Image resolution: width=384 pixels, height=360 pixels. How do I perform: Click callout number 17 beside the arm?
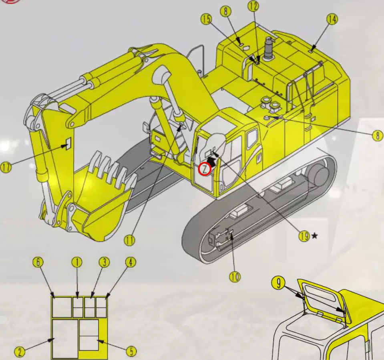[6, 168]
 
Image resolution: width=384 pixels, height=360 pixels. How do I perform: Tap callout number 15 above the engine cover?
[207, 19]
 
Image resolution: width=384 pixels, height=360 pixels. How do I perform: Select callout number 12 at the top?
[253, 6]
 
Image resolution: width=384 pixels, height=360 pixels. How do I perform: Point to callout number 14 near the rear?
[332, 19]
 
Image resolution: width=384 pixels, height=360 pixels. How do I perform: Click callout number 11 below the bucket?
[129, 241]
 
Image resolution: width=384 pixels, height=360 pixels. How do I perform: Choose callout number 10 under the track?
[235, 277]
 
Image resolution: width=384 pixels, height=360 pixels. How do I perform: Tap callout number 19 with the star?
[304, 236]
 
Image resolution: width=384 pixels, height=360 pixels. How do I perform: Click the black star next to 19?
[314, 236]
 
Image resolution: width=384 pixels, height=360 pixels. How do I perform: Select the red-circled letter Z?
[205, 169]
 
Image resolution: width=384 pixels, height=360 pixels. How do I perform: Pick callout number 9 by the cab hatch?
[278, 283]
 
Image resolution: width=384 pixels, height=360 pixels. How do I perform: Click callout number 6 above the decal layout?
[38, 263]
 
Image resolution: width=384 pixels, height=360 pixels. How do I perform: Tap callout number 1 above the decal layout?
[77, 263]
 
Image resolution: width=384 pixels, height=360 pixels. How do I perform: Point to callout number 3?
[105, 263]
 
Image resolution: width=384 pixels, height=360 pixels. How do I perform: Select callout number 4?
[131, 263]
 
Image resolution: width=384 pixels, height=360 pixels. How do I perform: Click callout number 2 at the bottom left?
[20, 352]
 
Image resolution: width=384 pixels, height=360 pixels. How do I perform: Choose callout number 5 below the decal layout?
[131, 351]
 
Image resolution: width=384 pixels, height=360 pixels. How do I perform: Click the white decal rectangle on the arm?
[68, 143]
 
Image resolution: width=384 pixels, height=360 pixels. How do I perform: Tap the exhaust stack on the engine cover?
[268, 49]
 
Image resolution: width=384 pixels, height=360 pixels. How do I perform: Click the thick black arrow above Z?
[211, 162]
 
